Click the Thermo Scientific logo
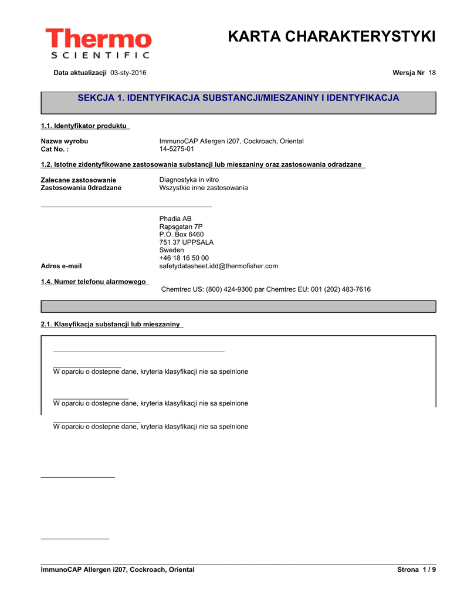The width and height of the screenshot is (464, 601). (x=98, y=43)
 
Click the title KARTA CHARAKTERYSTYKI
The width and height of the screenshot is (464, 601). (x=331, y=36)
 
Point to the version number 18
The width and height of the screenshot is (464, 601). (x=432, y=72)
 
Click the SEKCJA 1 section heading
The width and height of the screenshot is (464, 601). (x=238, y=97)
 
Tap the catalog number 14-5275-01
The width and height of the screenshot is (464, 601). (x=177, y=149)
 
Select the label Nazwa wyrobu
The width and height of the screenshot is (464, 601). (x=65, y=141)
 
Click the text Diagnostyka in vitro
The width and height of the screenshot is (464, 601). (x=189, y=180)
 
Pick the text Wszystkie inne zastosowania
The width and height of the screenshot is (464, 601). (x=204, y=188)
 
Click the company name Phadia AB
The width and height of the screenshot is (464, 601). (x=175, y=218)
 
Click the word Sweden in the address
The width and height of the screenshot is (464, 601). (x=171, y=250)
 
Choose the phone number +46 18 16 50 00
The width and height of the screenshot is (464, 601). (x=184, y=258)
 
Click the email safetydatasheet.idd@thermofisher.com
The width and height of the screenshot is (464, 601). (x=219, y=266)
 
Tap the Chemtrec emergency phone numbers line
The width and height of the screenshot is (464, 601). (x=266, y=289)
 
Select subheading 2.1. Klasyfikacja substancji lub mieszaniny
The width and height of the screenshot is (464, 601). (x=110, y=324)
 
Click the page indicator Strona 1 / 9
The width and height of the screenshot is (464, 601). (x=416, y=570)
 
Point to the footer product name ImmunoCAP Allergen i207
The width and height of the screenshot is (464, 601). (x=117, y=570)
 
